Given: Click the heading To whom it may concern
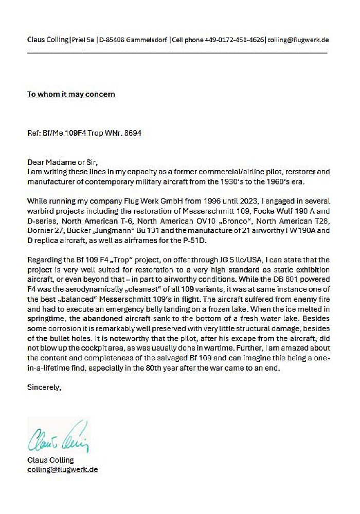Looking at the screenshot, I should click(x=71, y=94).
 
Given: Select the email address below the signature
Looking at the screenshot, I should click(x=62, y=469).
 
